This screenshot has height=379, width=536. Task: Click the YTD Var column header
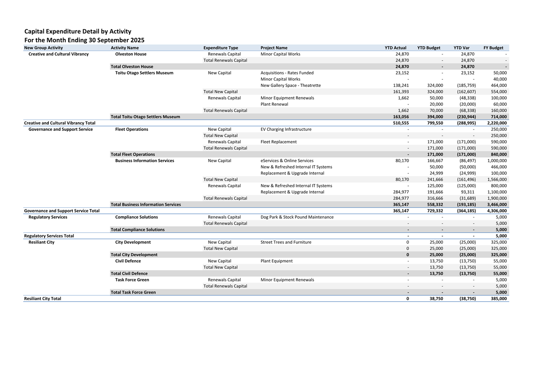(x=461, y=48)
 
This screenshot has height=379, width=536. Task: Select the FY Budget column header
(x=493, y=48)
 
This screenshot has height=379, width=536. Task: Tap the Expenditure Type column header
(x=221, y=48)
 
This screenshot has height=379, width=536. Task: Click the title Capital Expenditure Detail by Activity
(x=78, y=31)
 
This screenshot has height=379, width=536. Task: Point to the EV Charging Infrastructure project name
(x=286, y=129)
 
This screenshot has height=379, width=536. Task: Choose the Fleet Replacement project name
(x=278, y=142)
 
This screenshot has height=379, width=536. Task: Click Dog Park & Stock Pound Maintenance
(x=297, y=217)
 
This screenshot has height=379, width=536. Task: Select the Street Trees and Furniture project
(x=286, y=242)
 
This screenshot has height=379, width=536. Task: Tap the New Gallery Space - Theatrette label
(x=290, y=85)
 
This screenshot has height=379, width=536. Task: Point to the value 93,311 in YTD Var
(x=466, y=192)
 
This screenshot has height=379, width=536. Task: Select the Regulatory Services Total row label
(x=49, y=236)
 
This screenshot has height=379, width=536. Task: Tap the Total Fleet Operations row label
(x=132, y=154)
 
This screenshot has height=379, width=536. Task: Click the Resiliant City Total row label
(x=43, y=298)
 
